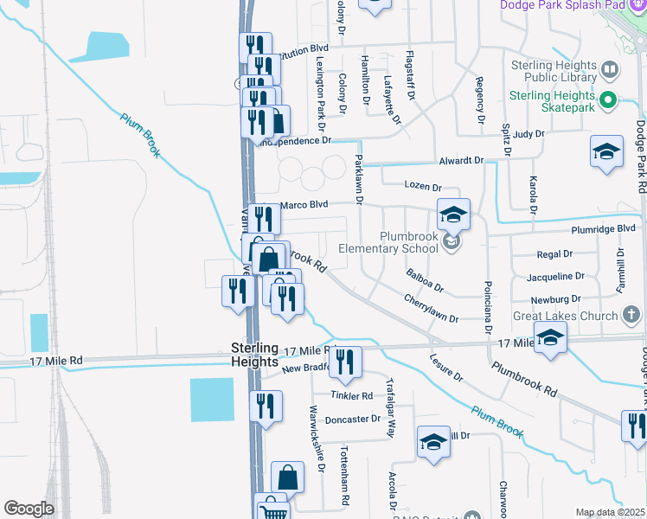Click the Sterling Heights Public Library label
(x=554, y=71)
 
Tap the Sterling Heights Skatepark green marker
(x=607, y=101)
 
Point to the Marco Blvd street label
(x=304, y=204)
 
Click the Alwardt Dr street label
(x=460, y=161)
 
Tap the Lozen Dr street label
(x=423, y=187)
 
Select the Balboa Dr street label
(x=425, y=280)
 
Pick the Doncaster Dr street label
(x=353, y=420)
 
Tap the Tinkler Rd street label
(x=351, y=395)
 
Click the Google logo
(x=29, y=509)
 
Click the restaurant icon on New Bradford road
(x=344, y=363)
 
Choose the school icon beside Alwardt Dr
(x=606, y=152)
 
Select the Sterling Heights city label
(x=254, y=356)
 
